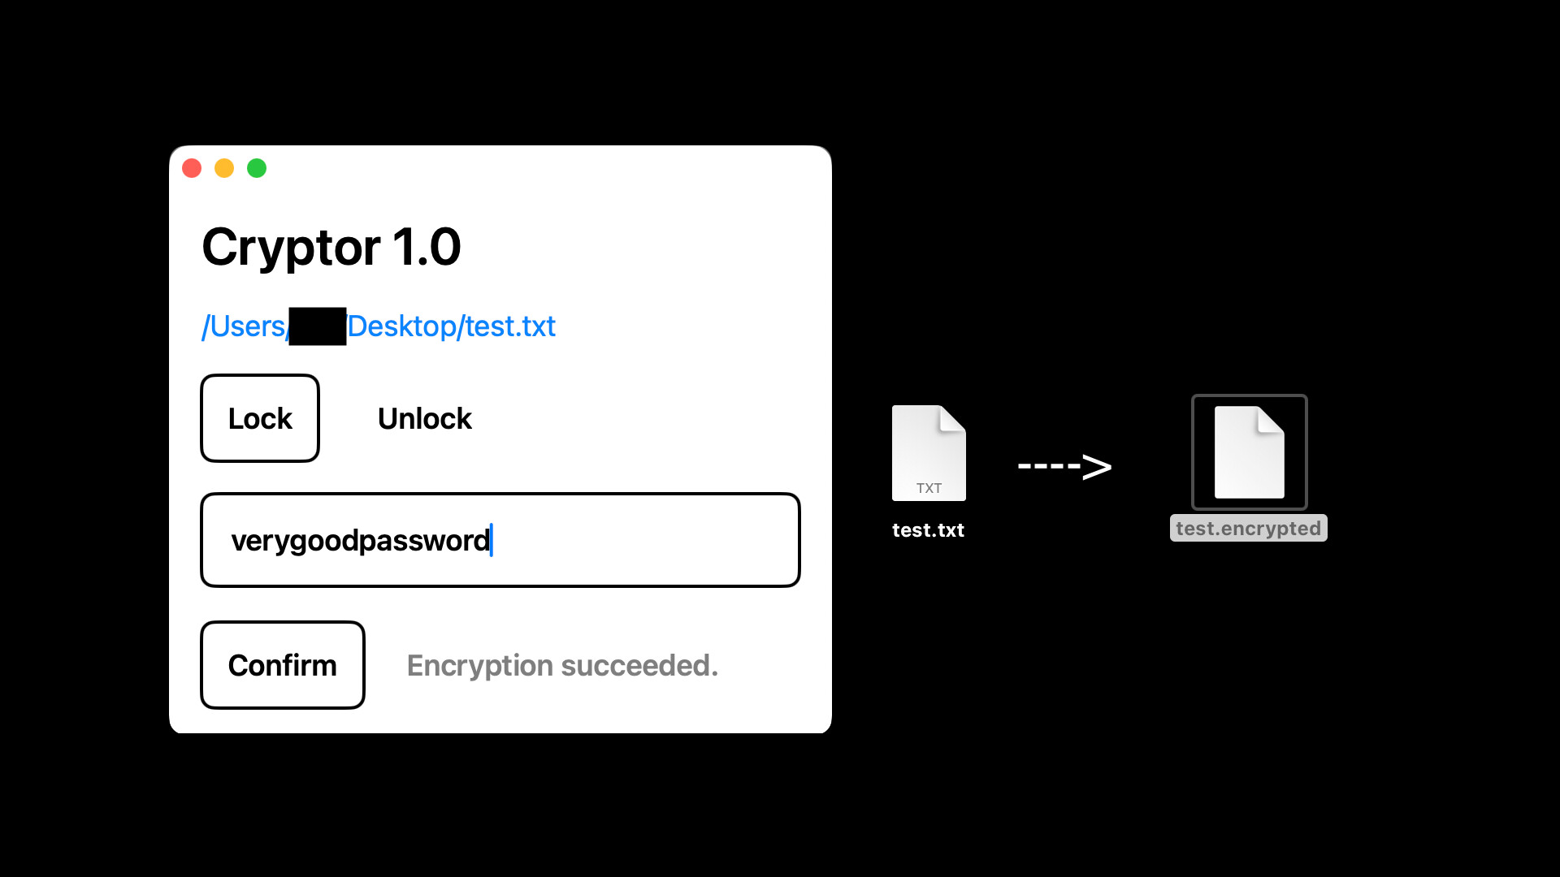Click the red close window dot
tap(192, 168)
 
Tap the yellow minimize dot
tap(224, 168)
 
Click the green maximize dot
tap(257, 168)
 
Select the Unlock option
tap(424, 419)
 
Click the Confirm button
tap(283, 665)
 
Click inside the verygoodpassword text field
tap(500, 540)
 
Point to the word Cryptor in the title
tap(291, 247)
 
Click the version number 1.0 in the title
tap(427, 247)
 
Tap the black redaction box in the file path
tap(318, 326)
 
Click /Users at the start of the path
tap(243, 326)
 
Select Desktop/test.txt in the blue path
tap(451, 326)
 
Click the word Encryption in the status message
tap(479, 666)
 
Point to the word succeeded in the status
tap(639, 666)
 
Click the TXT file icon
tap(929, 452)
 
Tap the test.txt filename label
tap(928, 530)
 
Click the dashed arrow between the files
tap(1064, 466)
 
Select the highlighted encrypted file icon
tap(1249, 452)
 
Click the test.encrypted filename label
tap(1248, 529)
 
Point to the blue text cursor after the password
tap(492, 540)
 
